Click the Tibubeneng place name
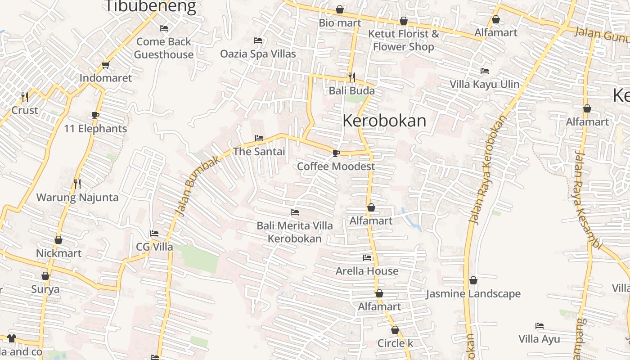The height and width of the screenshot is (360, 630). click(150, 6)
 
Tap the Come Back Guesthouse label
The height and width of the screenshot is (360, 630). click(164, 48)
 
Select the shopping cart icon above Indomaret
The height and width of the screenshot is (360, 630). click(106, 65)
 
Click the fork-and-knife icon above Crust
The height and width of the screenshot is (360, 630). click(25, 97)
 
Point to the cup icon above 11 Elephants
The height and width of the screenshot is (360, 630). click(95, 115)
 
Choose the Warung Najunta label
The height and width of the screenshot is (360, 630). click(77, 198)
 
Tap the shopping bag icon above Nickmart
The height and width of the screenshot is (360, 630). click(58, 240)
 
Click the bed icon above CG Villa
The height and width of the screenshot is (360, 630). click(154, 234)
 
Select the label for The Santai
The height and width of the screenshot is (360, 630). click(259, 152)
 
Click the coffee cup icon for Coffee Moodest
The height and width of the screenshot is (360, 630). click(336, 153)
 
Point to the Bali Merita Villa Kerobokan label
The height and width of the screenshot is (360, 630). click(295, 232)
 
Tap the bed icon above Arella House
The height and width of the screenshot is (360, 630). click(367, 258)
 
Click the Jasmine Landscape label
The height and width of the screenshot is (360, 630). click(473, 294)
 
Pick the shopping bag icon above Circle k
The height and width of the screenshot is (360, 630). click(395, 330)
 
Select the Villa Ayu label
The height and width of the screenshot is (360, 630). click(539, 339)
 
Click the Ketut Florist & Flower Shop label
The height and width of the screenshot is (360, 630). click(404, 40)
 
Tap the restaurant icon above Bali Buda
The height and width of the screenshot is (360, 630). click(351, 77)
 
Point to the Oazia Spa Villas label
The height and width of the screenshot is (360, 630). click(258, 54)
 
